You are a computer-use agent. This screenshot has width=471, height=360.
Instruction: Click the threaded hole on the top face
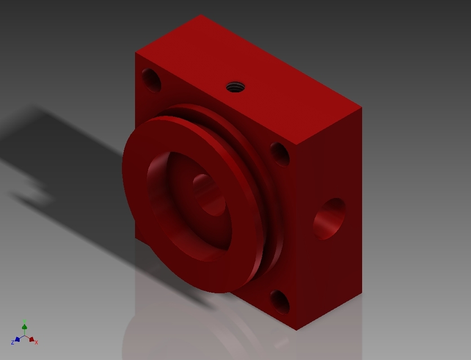point(236,87)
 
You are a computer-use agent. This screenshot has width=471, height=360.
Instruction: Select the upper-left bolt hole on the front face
point(151,80)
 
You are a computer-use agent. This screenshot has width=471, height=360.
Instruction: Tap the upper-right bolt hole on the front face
point(280,154)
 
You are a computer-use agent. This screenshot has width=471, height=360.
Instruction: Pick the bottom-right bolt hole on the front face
point(280,302)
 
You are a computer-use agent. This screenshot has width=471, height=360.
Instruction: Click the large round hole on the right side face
point(330,219)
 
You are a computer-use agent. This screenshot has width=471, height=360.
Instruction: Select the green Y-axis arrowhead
point(25,327)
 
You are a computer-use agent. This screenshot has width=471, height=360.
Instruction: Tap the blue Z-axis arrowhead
point(17,339)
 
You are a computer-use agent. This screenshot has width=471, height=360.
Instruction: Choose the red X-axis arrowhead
point(32,339)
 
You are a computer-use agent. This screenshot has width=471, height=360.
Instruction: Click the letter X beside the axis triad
point(37,343)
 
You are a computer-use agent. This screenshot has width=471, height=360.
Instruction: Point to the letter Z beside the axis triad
point(12,343)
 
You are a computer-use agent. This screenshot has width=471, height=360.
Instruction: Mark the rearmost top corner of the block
point(201,15)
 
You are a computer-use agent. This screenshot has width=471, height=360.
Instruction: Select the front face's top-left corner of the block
point(136,53)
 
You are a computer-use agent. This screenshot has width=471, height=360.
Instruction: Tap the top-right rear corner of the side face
point(361,107)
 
